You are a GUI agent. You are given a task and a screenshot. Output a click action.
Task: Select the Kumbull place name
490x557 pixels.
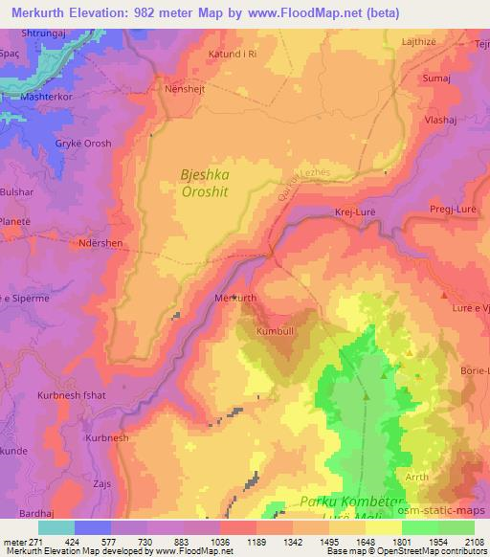pyautogui.click(x=276, y=331)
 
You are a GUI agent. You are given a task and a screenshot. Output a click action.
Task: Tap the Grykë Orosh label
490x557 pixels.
pyautogui.click(x=83, y=144)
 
